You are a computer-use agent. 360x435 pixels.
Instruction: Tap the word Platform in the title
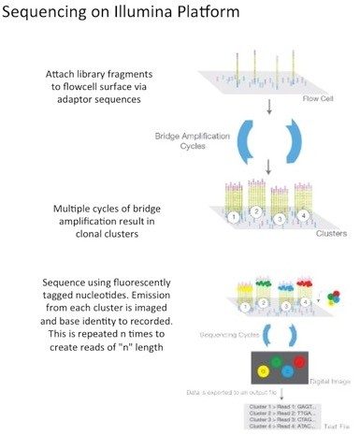pyautogui.click(x=223, y=15)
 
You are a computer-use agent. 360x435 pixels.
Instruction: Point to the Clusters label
pyautogui.click(x=320, y=231)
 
